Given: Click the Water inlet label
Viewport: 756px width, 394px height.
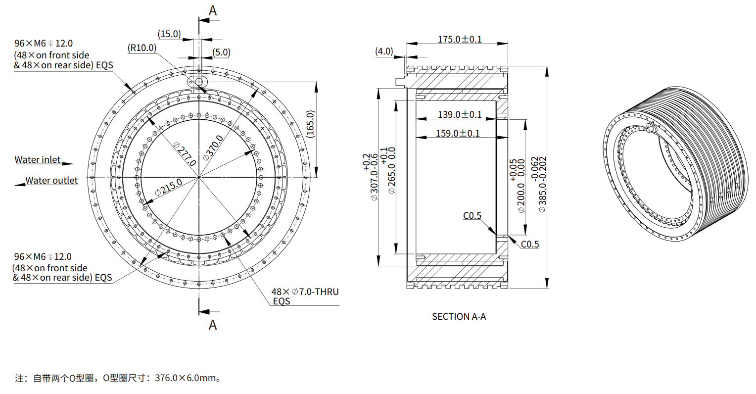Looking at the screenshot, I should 38,159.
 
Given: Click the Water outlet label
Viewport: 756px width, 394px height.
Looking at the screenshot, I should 51,181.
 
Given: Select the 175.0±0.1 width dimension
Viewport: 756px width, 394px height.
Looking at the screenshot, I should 459,39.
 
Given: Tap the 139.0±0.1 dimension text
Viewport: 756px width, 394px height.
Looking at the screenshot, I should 459,114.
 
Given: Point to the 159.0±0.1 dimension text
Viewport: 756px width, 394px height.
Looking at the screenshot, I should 458,133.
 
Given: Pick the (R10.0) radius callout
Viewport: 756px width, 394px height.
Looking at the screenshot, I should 142,48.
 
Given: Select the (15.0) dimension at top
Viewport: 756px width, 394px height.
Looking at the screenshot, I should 169,34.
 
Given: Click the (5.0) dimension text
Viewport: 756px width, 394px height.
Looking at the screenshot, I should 221,52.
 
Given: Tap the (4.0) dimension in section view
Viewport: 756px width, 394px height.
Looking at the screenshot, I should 384,51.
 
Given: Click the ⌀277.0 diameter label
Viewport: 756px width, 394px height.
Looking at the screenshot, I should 186,155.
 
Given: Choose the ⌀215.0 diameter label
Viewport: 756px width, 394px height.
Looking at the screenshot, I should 168,188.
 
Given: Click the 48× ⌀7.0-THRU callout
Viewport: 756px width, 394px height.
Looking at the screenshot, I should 305,292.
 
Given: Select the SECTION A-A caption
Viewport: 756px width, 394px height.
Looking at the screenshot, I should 459,316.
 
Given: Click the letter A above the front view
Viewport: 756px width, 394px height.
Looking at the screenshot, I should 213,11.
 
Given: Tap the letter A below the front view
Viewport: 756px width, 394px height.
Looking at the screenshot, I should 213,325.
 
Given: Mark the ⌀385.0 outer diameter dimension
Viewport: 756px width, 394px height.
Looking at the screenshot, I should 538,185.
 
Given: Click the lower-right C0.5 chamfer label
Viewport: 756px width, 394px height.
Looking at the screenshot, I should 529,244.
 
